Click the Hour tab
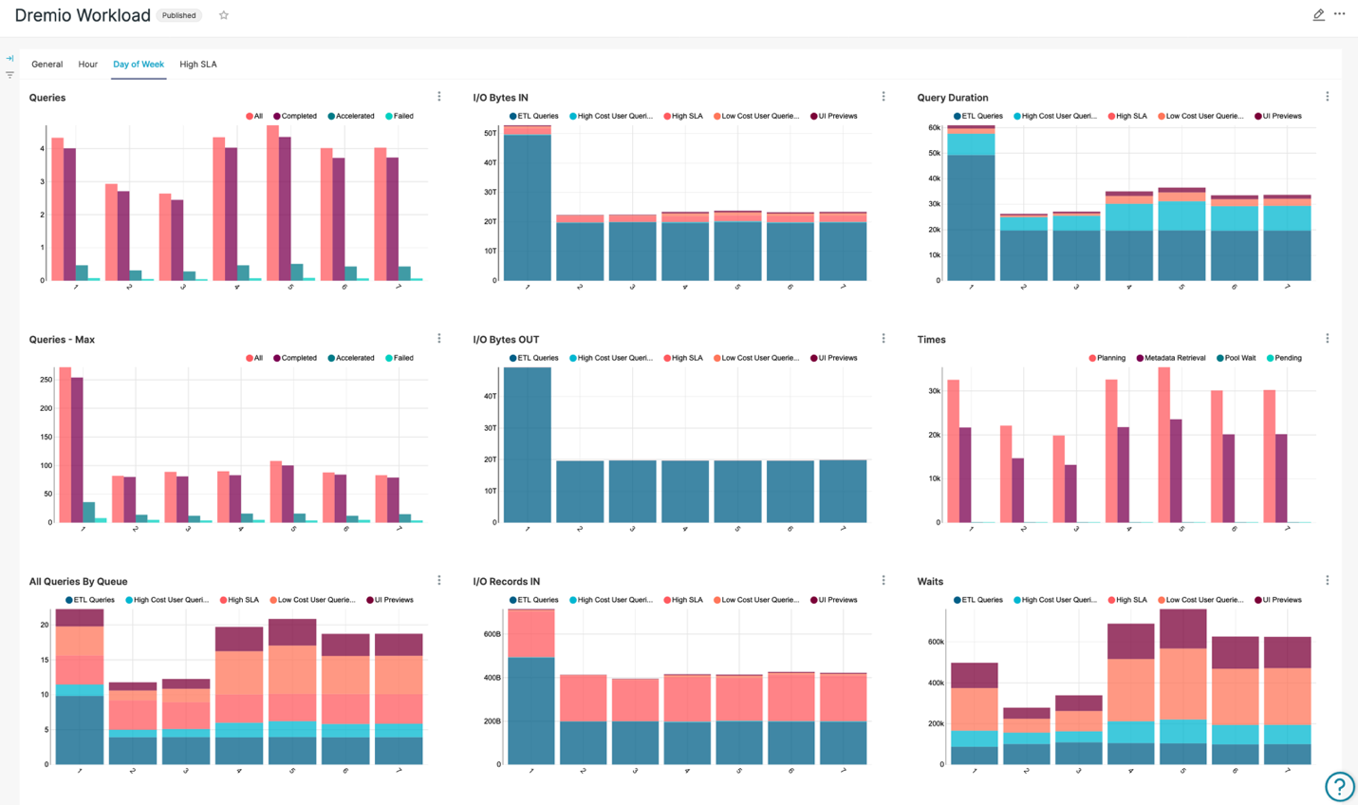coord(87,65)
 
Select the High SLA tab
coord(197,65)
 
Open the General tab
coord(47,65)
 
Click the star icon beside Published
coord(224,15)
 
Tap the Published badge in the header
coord(178,15)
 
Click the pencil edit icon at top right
coord(1318,15)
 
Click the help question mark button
coord(1339,786)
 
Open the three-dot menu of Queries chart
coord(439,97)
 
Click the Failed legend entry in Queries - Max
coord(400,358)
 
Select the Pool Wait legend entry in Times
coord(1236,358)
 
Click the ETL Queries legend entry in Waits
coord(978,600)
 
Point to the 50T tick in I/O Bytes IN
coord(491,133)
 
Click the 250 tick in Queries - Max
coord(46,380)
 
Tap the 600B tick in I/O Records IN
coord(492,634)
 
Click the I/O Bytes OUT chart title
coord(506,339)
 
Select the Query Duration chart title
coord(952,98)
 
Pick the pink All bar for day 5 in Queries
coord(272,203)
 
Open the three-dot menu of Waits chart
coord(1328,580)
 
